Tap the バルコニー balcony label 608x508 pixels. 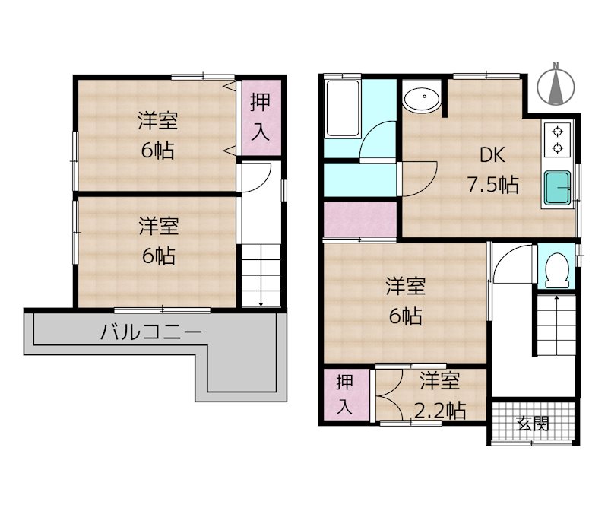(x=151, y=333)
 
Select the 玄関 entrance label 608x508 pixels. (x=533, y=424)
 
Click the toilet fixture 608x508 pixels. (x=557, y=270)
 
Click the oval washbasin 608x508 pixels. (x=422, y=98)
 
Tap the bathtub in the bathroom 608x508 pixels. (x=343, y=108)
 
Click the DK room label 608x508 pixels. (x=492, y=156)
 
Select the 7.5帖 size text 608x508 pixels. (x=492, y=184)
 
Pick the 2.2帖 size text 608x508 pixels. (x=440, y=410)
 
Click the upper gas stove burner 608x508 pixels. (x=558, y=132)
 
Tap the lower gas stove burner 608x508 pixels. (x=558, y=148)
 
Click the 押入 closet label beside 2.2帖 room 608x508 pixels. (x=344, y=394)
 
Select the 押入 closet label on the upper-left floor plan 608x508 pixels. (x=260, y=117)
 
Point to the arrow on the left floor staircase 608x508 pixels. (x=261, y=275)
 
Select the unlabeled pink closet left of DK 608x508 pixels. (x=360, y=219)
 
